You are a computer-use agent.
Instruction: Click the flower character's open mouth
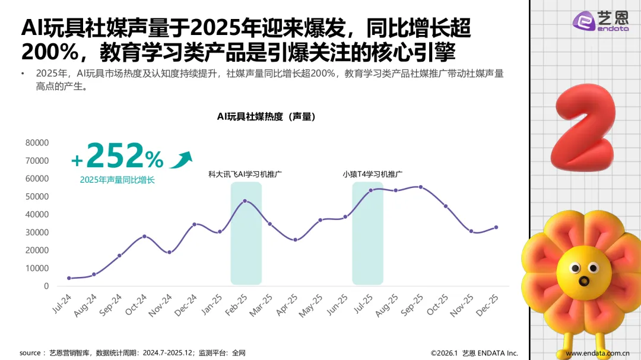(x=584, y=281)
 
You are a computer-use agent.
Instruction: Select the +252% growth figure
(x=117, y=157)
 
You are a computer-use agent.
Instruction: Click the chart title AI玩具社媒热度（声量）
(x=266, y=117)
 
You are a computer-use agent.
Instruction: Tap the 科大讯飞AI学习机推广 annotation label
(x=245, y=174)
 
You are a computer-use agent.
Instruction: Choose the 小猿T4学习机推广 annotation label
(x=373, y=174)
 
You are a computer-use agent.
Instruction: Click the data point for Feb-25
(x=245, y=201)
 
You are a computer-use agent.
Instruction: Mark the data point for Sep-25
(x=421, y=187)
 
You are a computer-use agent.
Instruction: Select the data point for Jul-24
(x=69, y=278)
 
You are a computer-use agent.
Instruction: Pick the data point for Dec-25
(x=496, y=227)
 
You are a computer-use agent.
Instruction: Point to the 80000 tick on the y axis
(x=37, y=143)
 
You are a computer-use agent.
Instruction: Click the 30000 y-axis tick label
(x=37, y=232)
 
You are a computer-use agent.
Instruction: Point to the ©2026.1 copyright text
(x=445, y=353)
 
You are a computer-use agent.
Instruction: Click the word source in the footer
(x=30, y=353)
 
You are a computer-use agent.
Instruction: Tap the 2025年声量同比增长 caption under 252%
(x=117, y=180)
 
